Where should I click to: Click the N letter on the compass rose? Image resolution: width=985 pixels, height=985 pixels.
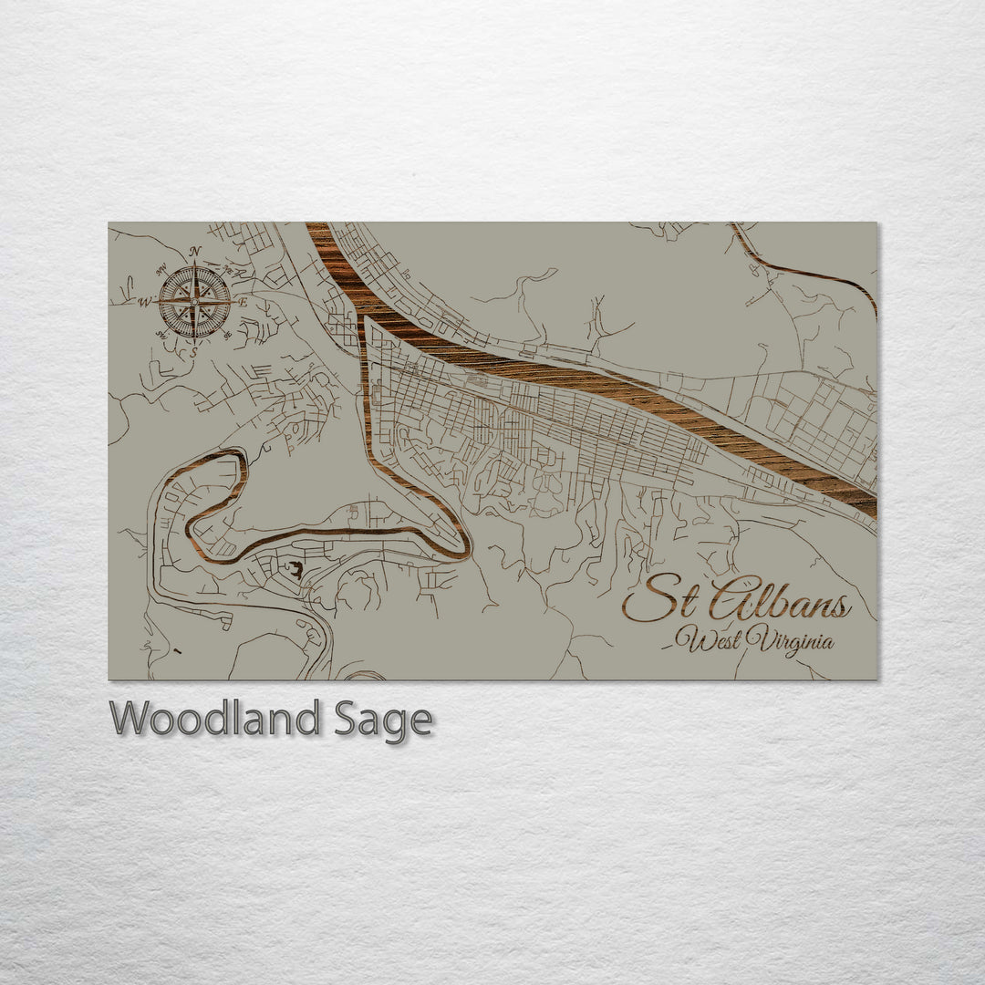coord(194,253)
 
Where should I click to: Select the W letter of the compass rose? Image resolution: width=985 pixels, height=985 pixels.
coord(145,305)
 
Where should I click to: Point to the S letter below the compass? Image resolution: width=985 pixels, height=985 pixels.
coord(192,351)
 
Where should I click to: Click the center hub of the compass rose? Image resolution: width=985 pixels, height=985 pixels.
coord(193,302)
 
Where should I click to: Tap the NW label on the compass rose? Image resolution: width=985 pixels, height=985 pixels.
coord(161,269)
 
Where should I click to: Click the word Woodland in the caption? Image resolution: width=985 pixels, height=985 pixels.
coord(214,720)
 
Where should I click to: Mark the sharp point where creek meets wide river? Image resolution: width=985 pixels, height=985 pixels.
coord(368,320)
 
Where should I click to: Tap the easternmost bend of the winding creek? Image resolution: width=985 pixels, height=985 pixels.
coord(468,547)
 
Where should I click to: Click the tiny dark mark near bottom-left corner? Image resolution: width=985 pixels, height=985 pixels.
coord(176,651)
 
